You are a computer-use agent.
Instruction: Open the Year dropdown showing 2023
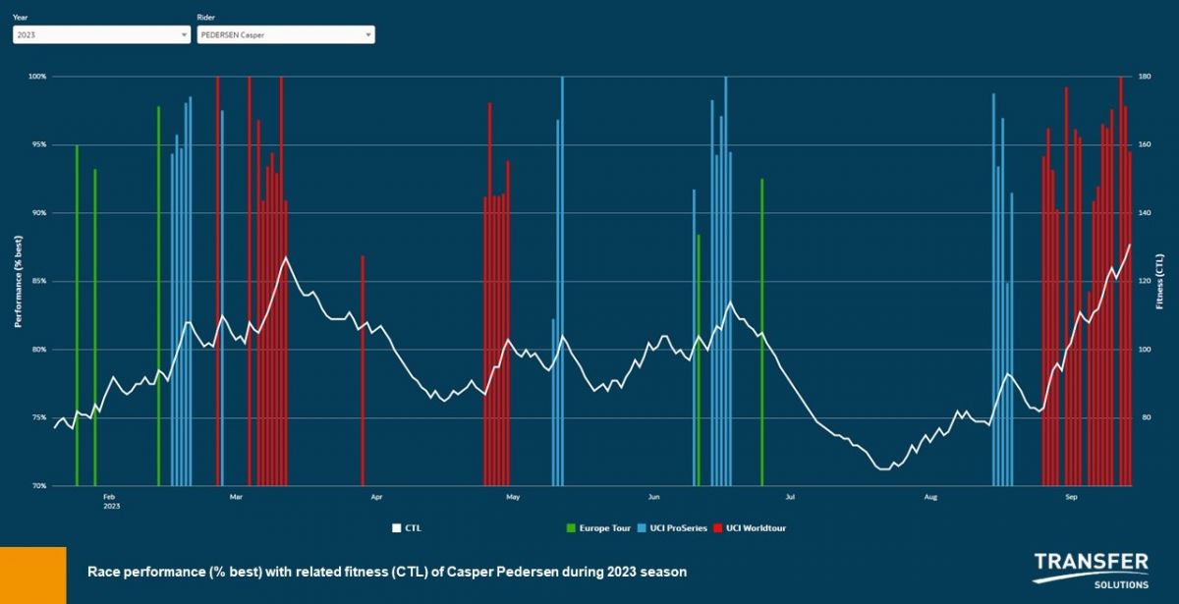101,34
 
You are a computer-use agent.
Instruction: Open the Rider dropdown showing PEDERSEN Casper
285,34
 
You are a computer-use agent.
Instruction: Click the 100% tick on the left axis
37,77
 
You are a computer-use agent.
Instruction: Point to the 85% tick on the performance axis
38,281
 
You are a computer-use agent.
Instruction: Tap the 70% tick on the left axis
38,485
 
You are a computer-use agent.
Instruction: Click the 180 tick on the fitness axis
1145,77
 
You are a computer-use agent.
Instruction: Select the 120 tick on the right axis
1145,281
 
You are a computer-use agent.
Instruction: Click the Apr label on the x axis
376,497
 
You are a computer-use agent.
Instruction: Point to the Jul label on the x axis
789,497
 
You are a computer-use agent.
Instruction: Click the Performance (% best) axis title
18,281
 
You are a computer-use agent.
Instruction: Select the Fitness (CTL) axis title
1160,281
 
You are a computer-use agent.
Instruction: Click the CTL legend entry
407,528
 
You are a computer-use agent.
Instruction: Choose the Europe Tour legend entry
598,528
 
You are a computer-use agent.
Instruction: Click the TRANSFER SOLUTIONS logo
1090,570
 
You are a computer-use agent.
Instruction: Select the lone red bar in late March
363,371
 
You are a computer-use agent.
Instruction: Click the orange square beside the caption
32,575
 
